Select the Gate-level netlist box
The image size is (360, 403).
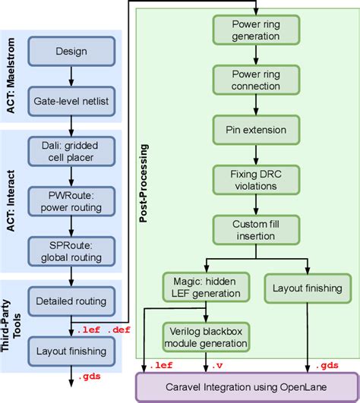tap(70, 99)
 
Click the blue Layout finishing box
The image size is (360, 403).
tap(70, 350)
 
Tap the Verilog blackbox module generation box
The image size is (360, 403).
tap(206, 336)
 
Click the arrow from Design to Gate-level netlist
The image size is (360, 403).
tap(70, 77)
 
